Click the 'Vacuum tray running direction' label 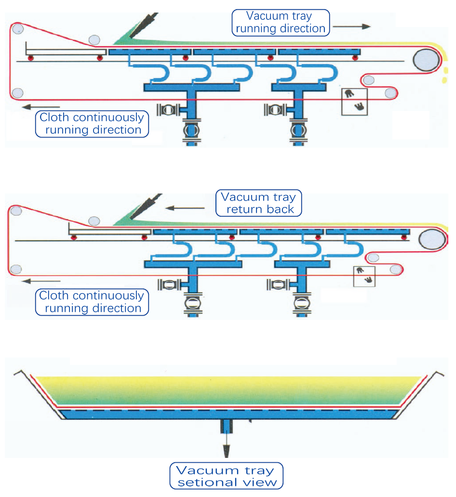281,22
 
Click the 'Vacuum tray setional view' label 226,476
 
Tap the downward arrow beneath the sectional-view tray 226,449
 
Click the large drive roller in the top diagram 426,60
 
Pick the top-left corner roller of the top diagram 18,29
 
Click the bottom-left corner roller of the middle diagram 16,269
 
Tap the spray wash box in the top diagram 354,101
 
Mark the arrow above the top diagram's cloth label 41,107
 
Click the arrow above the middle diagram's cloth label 41,281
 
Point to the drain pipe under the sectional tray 226,426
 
